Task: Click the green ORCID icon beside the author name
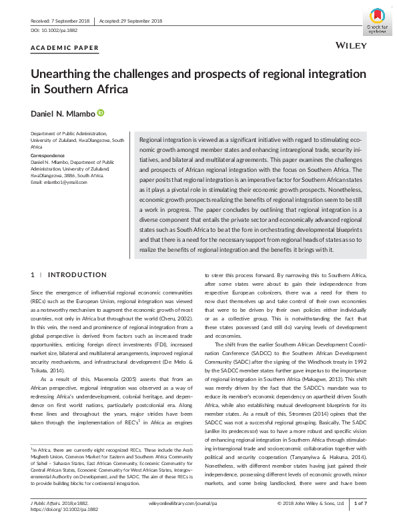pos(101,113)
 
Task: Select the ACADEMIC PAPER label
pos(65,48)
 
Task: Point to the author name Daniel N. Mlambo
pos(63,114)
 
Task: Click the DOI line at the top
pos(53,31)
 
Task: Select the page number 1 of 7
pos(360,503)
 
